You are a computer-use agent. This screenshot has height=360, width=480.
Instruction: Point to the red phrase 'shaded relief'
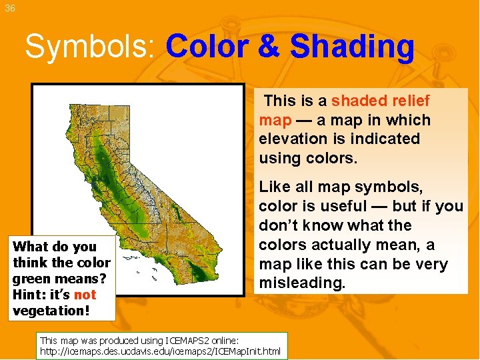(381, 101)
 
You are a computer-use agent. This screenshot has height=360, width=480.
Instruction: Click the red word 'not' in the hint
(85, 295)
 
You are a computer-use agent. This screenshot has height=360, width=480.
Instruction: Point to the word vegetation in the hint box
(46, 311)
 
